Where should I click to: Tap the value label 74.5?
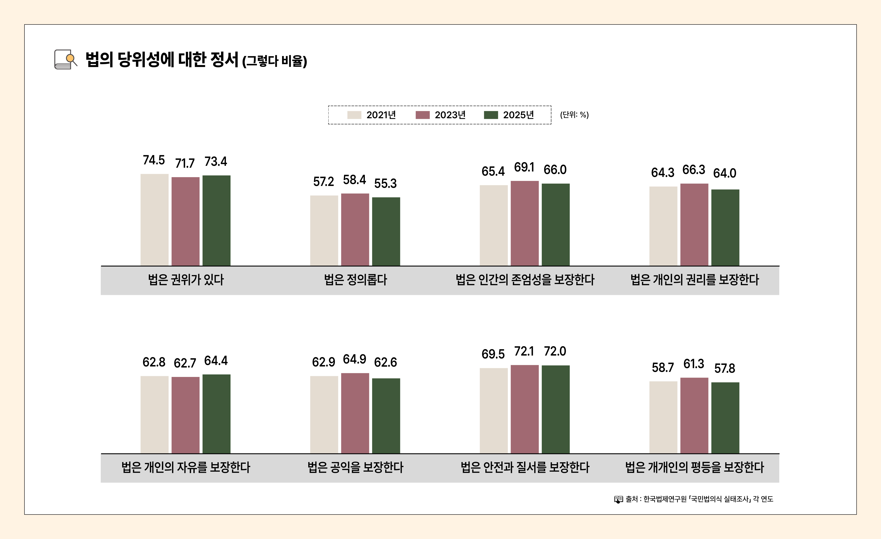154,160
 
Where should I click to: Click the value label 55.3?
385,183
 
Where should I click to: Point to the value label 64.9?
354,359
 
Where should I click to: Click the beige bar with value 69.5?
494,411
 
